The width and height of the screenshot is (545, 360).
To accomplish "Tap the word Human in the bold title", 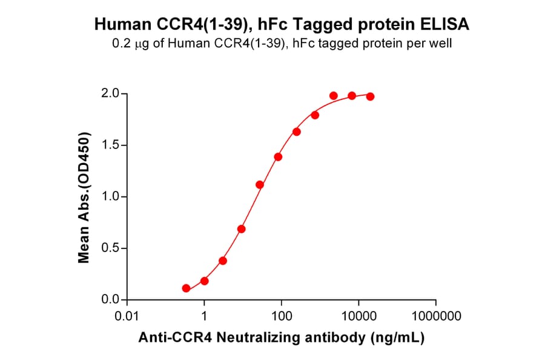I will click(120, 24).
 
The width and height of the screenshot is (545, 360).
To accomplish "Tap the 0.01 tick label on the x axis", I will click(127, 316).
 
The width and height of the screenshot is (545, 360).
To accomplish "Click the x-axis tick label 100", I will click(282, 316).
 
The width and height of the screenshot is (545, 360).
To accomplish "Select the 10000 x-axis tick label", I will click(358, 316).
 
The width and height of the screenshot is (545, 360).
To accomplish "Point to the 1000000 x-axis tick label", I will click(435, 316).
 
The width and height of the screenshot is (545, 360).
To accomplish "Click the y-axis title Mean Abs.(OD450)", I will click(84, 197).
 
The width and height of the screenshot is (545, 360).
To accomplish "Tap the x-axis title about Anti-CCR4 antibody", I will click(282, 338).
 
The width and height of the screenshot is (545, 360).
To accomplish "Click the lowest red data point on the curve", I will click(186, 288).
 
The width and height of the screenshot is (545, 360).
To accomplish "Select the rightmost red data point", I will click(370, 96).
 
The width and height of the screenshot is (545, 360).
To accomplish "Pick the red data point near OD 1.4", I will click(278, 156).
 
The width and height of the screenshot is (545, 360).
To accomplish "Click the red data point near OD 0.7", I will click(242, 229).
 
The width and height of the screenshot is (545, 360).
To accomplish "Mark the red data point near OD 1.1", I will click(260, 185).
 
